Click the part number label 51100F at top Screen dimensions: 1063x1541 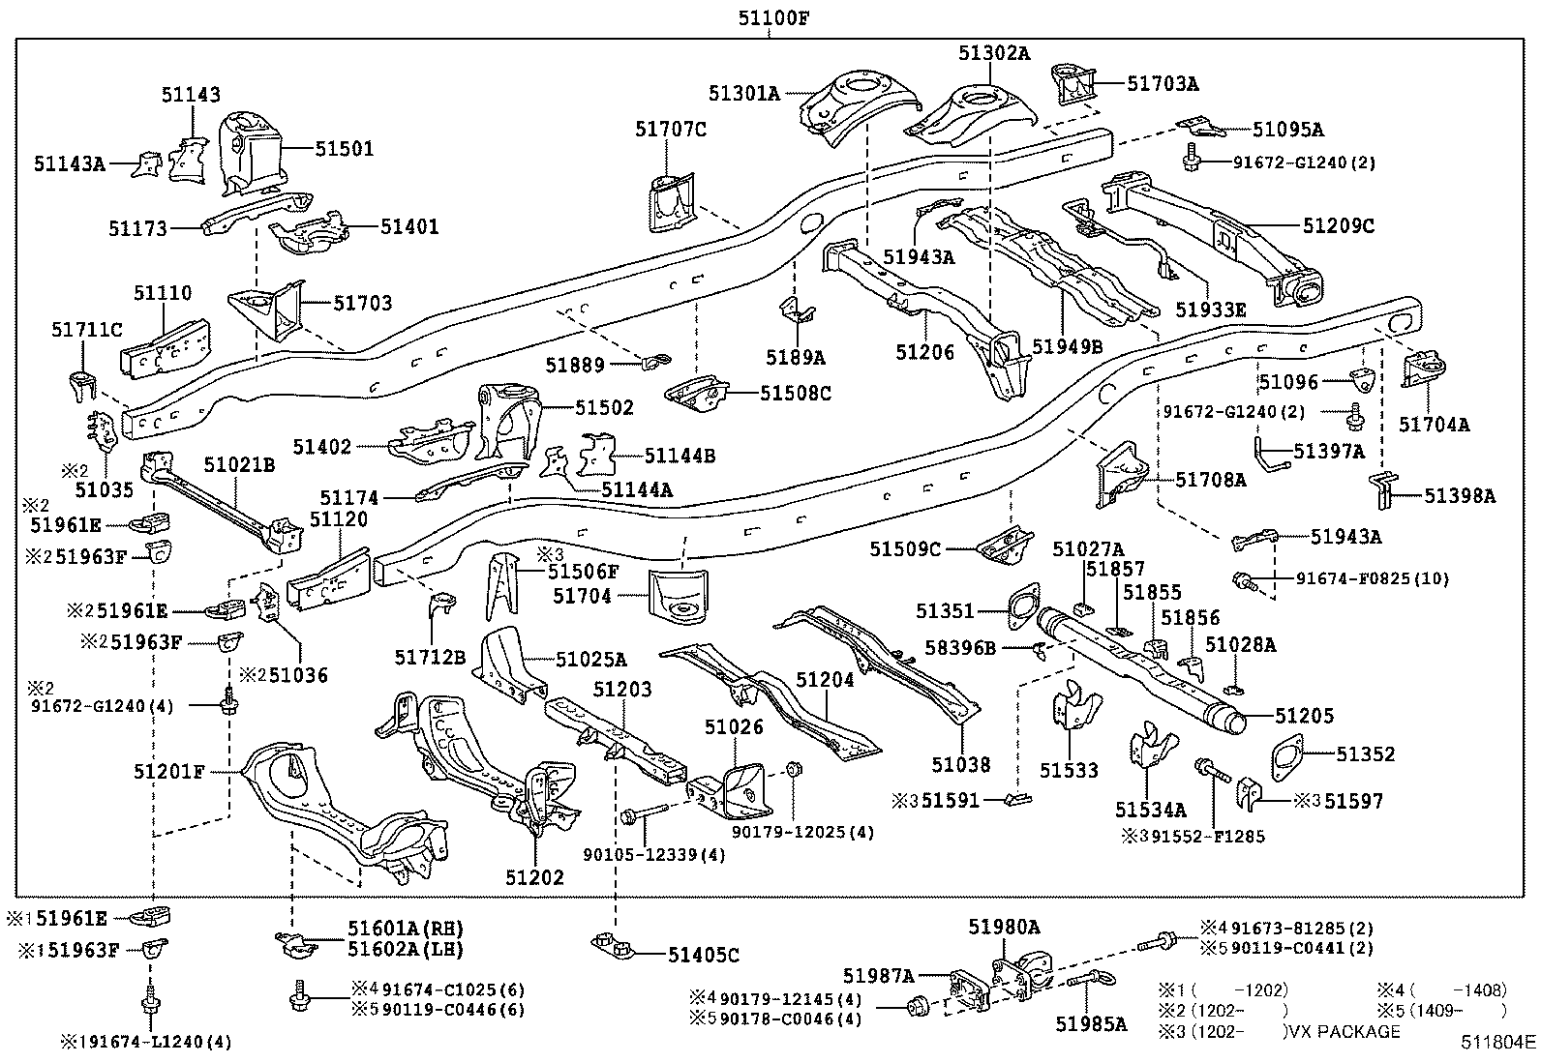coord(770,16)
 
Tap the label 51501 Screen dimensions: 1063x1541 coord(344,149)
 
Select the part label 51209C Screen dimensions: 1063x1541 coord(1339,225)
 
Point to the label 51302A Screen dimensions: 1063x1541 coord(994,54)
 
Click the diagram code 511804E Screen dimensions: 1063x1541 coord(1498,1043)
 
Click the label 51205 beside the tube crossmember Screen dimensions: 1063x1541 coord(1304,716)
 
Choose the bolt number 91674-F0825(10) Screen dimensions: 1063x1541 coord(1373,579)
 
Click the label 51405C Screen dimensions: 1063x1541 coord(703,956)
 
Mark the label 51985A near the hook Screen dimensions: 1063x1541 coord(1091,1023)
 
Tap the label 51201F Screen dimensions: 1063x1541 coord(169,771)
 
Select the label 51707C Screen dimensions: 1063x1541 coord(671,129)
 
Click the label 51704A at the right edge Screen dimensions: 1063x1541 coord(1434,424)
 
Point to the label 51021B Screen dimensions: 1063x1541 coord(239,465)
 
